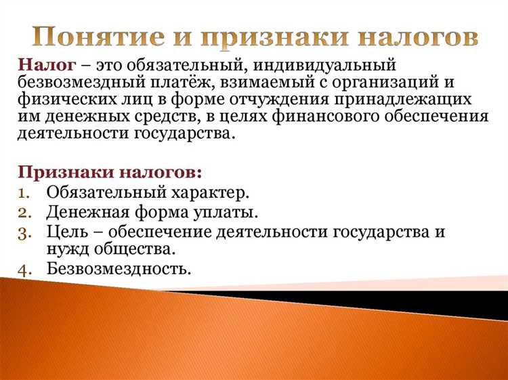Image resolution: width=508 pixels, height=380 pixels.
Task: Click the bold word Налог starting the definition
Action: (x=41, y=65)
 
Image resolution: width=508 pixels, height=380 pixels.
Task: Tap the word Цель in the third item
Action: (x=66, y=232)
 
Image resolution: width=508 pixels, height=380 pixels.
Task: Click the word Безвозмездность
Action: (x=119, y=268)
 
